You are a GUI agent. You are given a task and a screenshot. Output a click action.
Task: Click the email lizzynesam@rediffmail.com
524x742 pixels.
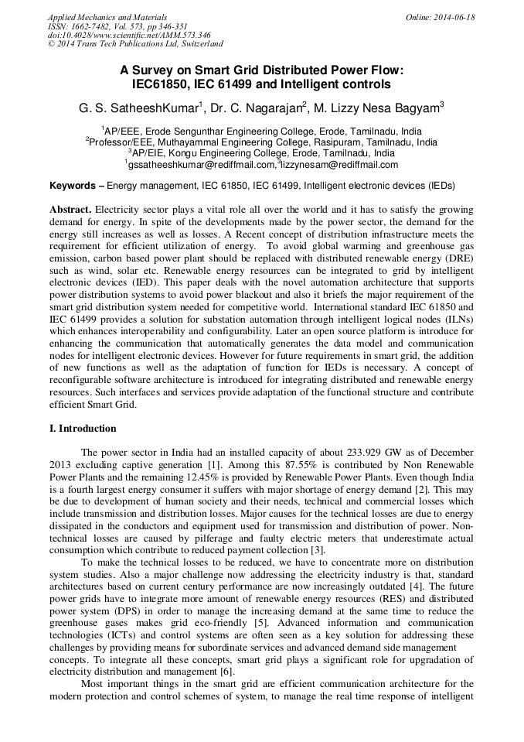[339, 165]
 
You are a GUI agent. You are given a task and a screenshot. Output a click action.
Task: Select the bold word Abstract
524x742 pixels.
[71, 210]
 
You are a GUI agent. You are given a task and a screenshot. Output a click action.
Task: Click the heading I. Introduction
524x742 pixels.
[83, 429]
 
